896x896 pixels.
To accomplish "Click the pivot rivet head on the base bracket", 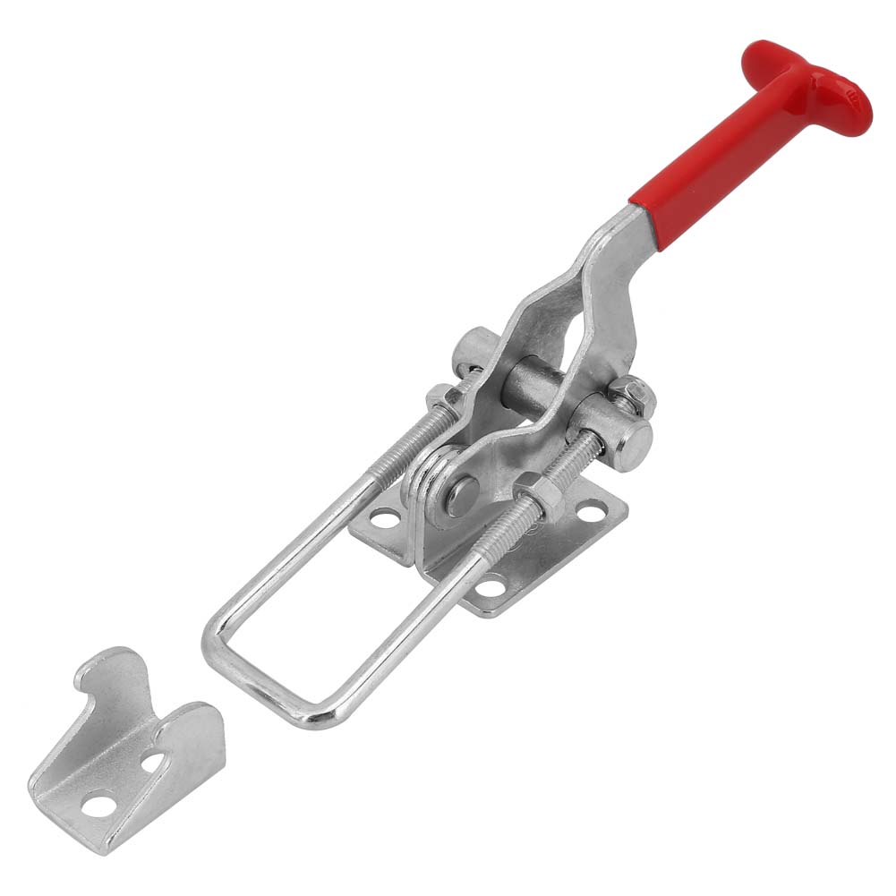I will point(462,495).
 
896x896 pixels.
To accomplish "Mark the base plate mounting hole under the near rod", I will point(488,587).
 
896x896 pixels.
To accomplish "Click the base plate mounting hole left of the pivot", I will point(384,517).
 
